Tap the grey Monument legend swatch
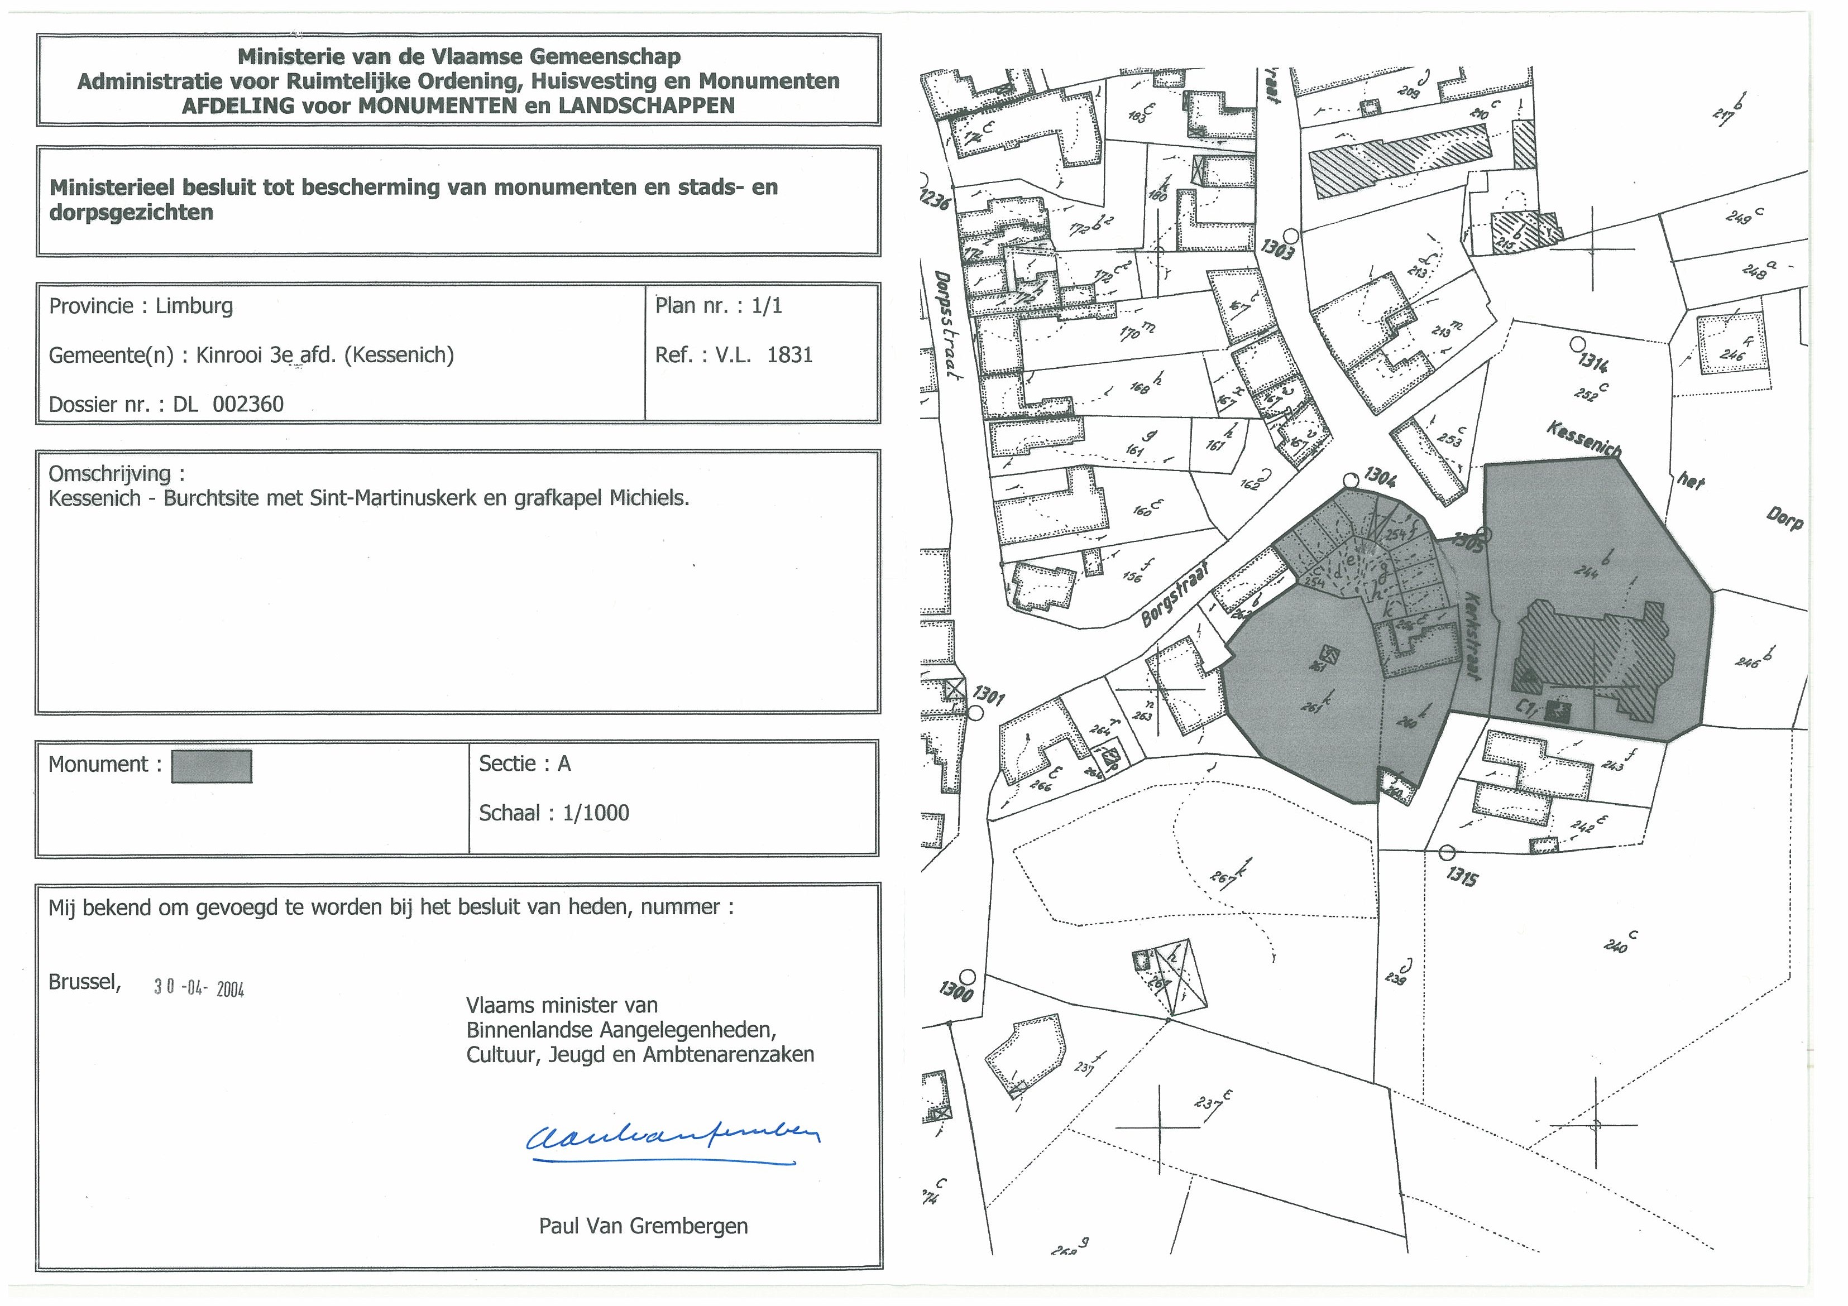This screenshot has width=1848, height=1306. (x=212, y=766)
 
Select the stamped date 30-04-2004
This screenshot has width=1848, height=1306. (x=199, y=988)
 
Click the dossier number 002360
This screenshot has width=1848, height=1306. (x=248, y=404)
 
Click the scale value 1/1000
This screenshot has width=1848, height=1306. (x=596, y=813)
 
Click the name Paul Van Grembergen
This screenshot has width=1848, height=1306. (x=643, y=1226)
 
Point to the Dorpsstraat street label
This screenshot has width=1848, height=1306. (x=948, y=326)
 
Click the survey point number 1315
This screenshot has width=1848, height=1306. (x=1461, y=876)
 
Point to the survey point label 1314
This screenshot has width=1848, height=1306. (x=1593, y=364)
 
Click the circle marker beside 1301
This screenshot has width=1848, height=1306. (x=975, y=713)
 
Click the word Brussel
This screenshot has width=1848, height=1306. (x=84, y=982)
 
